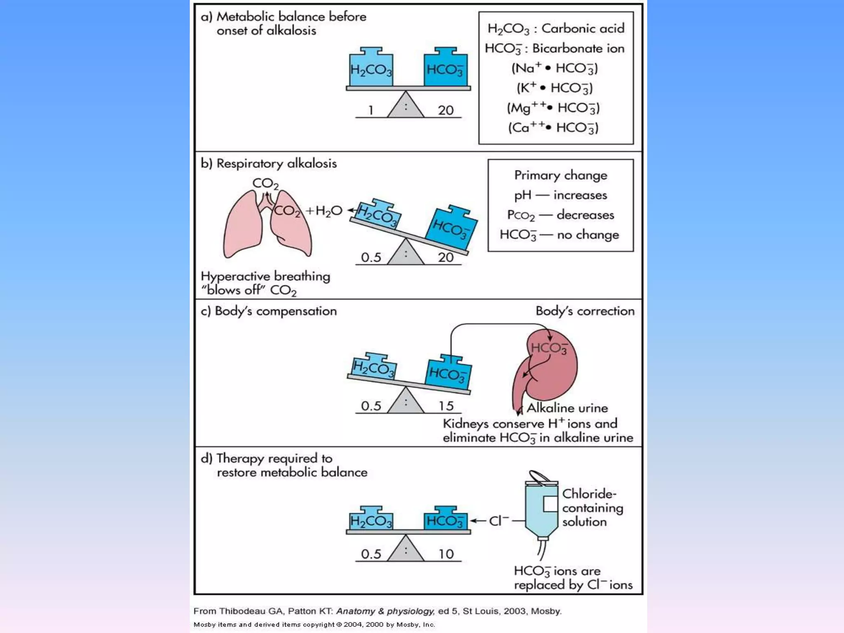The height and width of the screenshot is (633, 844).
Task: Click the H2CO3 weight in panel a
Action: (x=371, y=67)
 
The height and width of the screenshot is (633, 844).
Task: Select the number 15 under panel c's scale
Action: (x=446, y=406)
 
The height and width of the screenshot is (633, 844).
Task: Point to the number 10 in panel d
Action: (x=446, y=554)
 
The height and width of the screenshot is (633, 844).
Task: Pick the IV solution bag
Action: (x=542, y=507)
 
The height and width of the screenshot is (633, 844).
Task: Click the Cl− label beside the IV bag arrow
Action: (x=499, y=521)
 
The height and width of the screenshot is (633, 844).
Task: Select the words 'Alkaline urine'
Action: (x=567, y=408)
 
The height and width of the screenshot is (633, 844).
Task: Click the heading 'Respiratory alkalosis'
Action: (x=277, y=164)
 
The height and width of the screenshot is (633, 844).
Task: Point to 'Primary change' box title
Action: (x=560, y=176)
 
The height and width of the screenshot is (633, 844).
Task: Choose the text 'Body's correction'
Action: (x=585, y=311)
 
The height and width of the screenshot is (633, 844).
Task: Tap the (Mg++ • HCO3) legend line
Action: (x=553, y=108)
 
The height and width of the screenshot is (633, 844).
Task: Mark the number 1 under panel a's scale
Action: (x=371, y=110)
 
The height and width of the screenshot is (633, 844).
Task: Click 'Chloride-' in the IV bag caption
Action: (x=589, y=494)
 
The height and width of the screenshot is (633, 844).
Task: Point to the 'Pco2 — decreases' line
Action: (x=560, y=215)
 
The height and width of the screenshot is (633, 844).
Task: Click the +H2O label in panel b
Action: (x=324, y=211)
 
